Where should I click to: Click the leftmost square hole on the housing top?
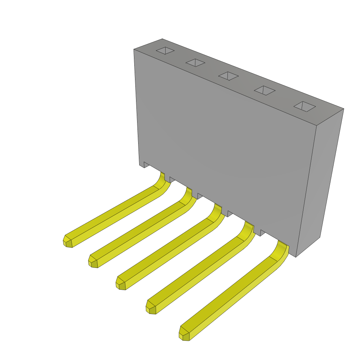[x=165, y=51]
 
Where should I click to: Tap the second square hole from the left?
[x=195, y=63]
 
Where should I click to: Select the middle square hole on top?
[x=229, y=76]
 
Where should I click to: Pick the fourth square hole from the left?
[x=265, y=90]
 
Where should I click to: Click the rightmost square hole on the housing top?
[x=305, y=107]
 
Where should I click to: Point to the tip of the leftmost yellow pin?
[x=68, y=242]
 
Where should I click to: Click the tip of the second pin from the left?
[x=93, y=262]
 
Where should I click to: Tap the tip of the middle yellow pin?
[x=121, y=284]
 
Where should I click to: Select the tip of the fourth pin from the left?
[x=151, y=308]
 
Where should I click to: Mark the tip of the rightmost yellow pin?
[x=185, y=334]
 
